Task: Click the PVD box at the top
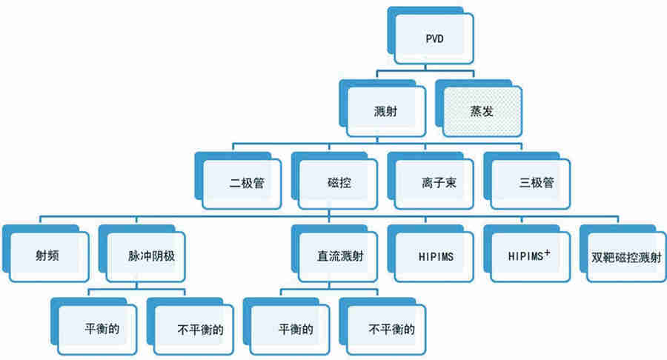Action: [x=433, y=38]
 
